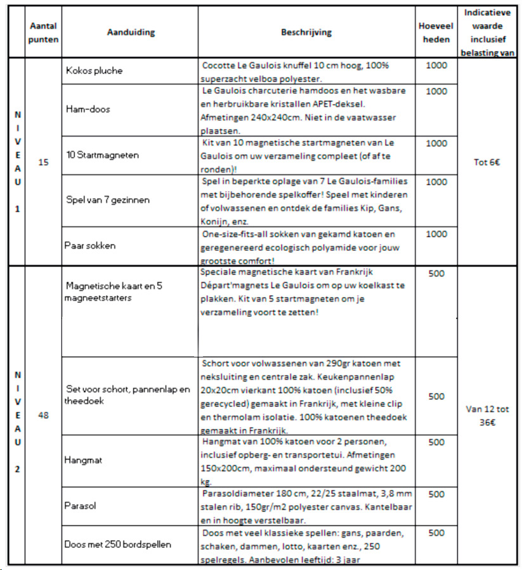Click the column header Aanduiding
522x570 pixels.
coord(131,32)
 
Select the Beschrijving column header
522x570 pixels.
coord(306,32)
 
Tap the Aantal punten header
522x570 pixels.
coord(44,32)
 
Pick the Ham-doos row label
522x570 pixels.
coord(88,109)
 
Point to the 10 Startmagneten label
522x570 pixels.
coord(103,154)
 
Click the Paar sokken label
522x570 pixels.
coord(91,245)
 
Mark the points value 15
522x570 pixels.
coord(43,162)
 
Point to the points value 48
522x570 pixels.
coord(43,415)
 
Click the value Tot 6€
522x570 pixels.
coord(486,162)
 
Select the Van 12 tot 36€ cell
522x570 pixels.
coord(486,415)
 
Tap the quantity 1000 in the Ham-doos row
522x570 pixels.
coord(436,91)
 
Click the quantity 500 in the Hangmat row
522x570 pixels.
coord(436,442)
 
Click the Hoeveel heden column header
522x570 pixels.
coord(436,32)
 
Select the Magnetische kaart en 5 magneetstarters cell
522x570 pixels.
coord(114,292)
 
